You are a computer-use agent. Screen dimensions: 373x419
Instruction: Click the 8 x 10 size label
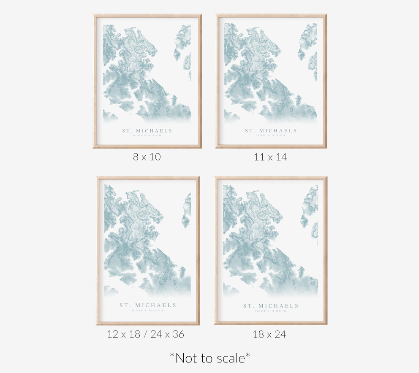click(147, 157)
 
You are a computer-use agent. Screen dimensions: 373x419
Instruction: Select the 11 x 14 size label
click(270, 157)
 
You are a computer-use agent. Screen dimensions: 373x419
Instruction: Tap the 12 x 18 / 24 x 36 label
click(146, 335)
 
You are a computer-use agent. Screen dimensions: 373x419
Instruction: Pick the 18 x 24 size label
click(269, 335)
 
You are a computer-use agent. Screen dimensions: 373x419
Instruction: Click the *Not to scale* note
click(210, 358)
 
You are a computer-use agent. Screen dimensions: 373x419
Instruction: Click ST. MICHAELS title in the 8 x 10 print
click(147, 131)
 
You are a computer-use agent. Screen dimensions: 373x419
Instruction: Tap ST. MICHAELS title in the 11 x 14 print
click(271, 131)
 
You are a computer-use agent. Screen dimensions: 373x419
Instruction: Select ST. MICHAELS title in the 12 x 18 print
click(148, 305)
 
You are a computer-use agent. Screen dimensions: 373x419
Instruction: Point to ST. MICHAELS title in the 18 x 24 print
click(271, 305)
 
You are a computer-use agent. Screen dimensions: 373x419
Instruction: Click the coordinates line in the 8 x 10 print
click(147, 135)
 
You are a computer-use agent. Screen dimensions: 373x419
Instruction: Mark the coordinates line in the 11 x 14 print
click(271, 135)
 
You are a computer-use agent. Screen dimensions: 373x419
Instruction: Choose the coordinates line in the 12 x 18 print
click(148, 311)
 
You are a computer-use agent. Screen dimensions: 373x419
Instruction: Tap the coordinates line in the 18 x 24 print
click(271, 311)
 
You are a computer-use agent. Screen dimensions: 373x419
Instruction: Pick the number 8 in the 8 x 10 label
click(136, 157)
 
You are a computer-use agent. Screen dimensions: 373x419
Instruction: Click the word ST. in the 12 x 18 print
click(125, 305)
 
